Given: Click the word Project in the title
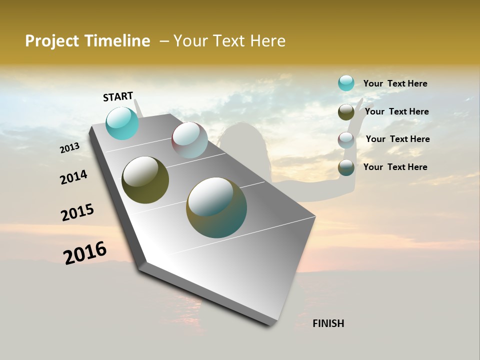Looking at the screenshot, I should tap(52, 41).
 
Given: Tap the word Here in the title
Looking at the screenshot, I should tap(267, 41).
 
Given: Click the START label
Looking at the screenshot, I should tap(118, 96).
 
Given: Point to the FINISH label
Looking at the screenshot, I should tap(328, 323).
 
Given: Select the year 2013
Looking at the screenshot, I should tap(69, 148).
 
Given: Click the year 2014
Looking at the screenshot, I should tap(73, 177).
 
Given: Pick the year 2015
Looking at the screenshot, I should tap(77, 213).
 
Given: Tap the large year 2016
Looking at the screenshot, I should tap(85, 253).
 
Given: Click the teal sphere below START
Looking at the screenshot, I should tap(122, 123).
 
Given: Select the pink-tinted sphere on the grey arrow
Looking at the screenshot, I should tap(189, 140).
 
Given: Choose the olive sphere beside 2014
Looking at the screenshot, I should tap(145, 180).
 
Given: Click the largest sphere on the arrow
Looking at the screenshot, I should tap(216, 207).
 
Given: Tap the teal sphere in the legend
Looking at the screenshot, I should tap(346, 83).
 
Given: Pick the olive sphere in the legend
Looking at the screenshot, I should tap(346, 112).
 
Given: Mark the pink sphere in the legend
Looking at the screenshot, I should tap(346, 140).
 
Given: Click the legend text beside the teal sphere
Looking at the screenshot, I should tap(395, 84).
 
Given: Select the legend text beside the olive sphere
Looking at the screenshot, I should tap(396, 111).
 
